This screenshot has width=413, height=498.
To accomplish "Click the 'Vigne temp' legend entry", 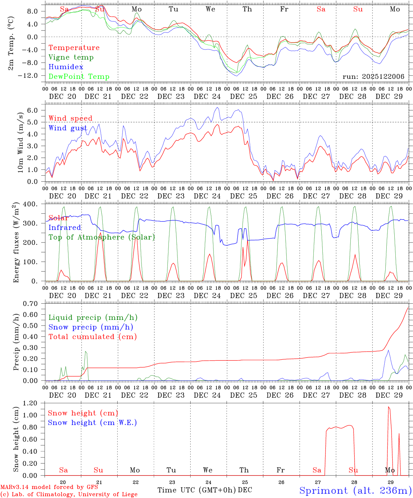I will coord(71,57).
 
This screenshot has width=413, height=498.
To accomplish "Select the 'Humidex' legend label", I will coord(66,67).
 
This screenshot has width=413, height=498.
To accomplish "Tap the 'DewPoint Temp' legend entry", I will coord(79,77).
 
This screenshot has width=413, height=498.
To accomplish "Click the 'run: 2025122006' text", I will coord(373,77).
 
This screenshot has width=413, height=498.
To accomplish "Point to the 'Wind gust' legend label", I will coord(68,128).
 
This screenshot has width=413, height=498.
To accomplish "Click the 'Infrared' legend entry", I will coord(65,228).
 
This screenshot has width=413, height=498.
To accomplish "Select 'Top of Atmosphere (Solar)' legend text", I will coord(102,237).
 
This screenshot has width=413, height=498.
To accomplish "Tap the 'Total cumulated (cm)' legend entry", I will coord(93,337).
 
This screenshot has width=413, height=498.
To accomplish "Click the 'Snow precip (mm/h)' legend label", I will coord(91,327).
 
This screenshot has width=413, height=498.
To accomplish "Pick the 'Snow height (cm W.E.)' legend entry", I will coord(92,423).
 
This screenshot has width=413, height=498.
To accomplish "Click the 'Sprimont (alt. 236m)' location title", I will coord(355,491).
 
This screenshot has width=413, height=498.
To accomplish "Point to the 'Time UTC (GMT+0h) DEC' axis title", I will coord(205,490).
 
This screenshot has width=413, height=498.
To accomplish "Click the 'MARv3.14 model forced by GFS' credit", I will coord(49,487).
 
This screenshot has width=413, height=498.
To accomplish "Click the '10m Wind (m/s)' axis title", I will coord(20,142).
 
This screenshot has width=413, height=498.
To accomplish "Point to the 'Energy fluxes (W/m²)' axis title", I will coord(16,243).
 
